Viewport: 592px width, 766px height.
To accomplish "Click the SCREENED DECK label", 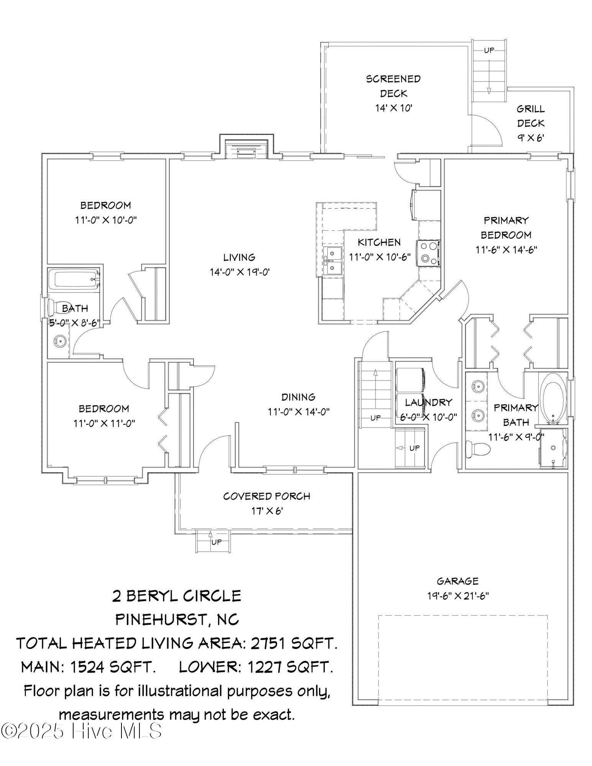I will pos(393,86).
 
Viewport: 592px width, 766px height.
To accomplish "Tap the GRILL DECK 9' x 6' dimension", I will pos(531,137).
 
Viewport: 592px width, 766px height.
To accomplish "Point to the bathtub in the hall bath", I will pos(74,280).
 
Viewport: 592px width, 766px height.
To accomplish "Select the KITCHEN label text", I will pos(379,242).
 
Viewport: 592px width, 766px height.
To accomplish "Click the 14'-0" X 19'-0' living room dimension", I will pos(240,272).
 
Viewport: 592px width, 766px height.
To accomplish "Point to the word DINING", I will pos(298,397).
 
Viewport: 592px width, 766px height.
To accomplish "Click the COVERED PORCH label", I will pos(267,496).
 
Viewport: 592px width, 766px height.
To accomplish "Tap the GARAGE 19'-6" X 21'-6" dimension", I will pos(458,596).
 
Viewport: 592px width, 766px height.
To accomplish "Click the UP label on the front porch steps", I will pos(216,542).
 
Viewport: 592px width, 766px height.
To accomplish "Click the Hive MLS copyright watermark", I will pos(81,731).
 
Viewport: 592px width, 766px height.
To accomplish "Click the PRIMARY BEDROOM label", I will pos(506,228).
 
